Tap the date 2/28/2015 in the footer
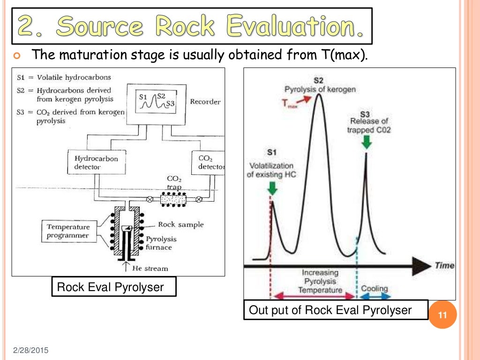click(30, 351)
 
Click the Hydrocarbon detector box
click(96, 163)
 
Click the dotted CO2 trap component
click(174, 199)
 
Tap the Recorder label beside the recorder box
click(205, 102)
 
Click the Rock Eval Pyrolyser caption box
click(114, 286)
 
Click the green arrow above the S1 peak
click(272, 187)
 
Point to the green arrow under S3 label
click(366, 142)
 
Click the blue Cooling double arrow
click(375, 296)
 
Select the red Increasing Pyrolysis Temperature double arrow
click(314, 296)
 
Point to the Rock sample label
click(180, 225)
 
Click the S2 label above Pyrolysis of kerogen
click(318, 81)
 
